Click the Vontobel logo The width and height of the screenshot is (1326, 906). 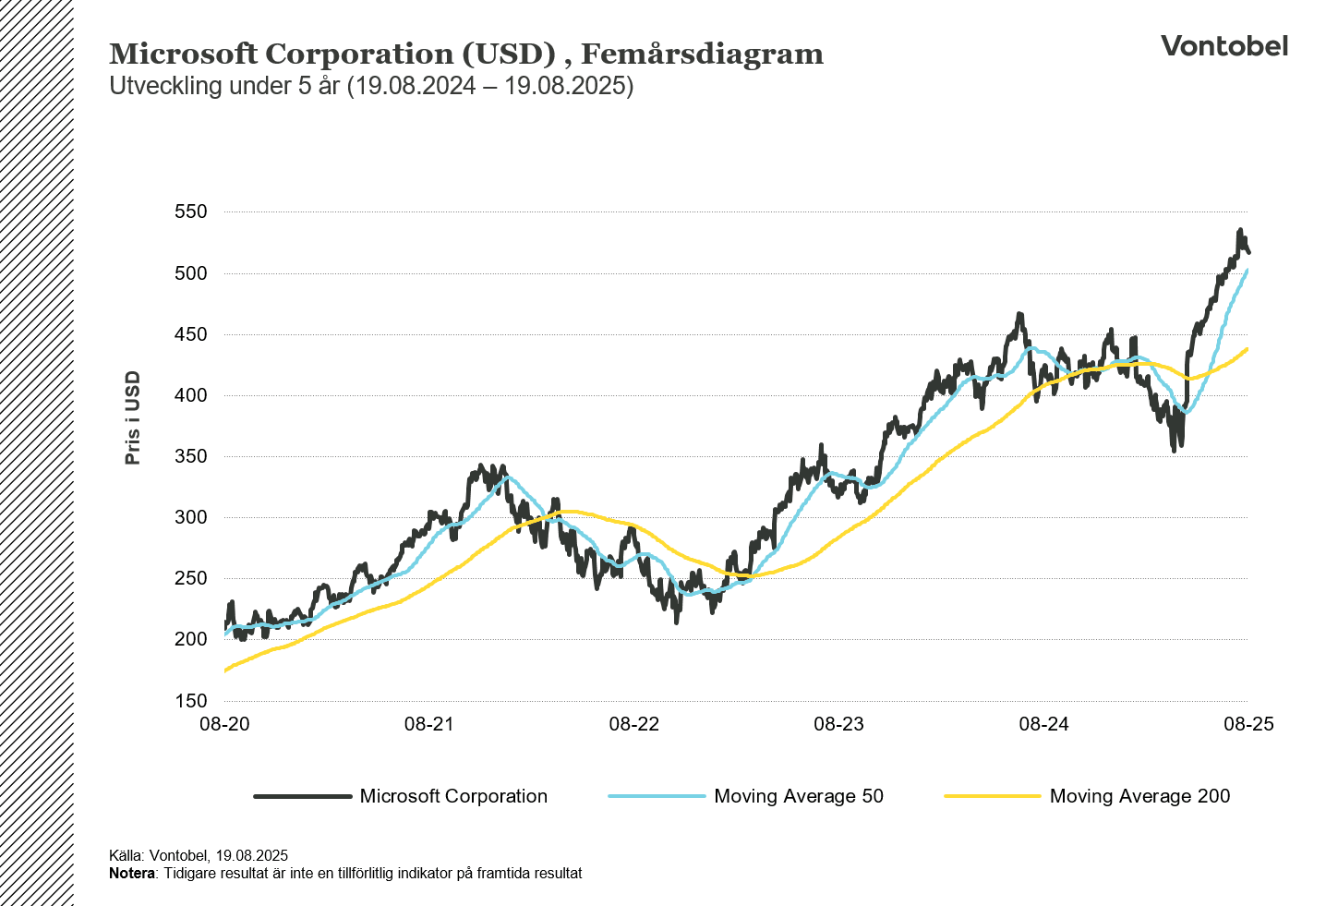coord(1224,46)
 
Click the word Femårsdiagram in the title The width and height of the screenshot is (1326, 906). coord(702,54)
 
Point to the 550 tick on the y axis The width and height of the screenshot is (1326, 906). coord(191,212)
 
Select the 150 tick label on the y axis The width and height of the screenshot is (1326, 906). coord(191,701)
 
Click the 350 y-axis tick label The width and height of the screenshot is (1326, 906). coord(191,456)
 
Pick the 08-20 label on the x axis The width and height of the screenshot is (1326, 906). coord(225,724)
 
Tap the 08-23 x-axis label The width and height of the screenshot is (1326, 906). coord(838,724)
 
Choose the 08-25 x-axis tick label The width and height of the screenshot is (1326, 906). coord(1248,724)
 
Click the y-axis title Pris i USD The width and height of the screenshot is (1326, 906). coord(133,417)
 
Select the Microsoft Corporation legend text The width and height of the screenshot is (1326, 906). coord(453,796)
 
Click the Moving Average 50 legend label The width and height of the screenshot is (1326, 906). coord(799,796)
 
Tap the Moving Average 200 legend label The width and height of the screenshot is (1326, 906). coord(1139,796)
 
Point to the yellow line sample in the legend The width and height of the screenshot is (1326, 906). coord(992,796)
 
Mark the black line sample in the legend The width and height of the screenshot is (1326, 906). coord(303,796)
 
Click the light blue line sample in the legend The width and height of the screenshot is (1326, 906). coord(657,796)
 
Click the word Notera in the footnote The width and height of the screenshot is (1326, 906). coord(132,874)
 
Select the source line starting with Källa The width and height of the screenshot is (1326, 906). coord(199,856)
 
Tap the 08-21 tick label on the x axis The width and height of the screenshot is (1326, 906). coord(429,724)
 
